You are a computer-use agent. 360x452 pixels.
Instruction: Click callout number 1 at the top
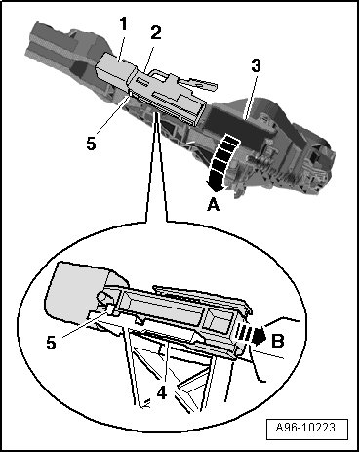pos(123,24)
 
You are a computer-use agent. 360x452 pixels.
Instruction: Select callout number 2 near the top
pos(156,32)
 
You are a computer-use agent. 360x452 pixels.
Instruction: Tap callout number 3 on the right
pos(256,65)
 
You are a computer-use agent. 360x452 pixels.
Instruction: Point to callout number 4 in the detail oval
pos(162,393)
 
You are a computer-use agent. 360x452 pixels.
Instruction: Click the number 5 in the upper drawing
pos(92,144)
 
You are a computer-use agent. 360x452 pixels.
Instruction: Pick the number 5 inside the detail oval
pos(52,343)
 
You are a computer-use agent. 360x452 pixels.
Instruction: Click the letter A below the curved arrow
pos(214,205)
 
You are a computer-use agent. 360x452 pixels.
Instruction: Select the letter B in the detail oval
pos(278,341)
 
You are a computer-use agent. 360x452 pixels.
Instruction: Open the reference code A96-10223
pos(305,427)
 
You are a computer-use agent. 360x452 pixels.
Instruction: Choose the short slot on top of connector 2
pos(144,80)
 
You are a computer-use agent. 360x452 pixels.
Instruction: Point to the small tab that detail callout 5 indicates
pos(110,309)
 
